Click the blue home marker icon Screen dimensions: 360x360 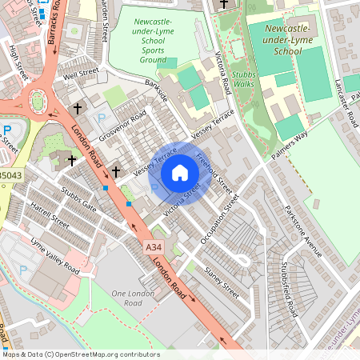coord(180,173)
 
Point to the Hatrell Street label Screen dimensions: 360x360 coord(50,216)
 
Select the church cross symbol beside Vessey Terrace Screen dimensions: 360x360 coord(115,171)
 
